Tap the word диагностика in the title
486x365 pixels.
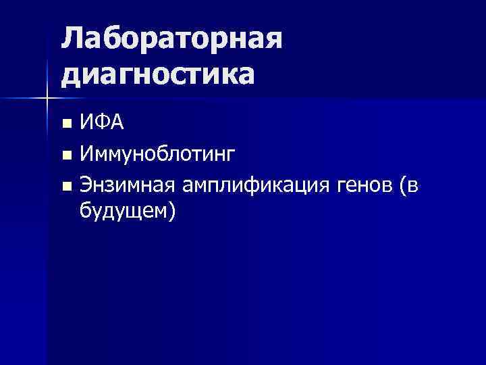click(x=159, y=74)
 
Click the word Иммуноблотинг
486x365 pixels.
click(x=158, y=155)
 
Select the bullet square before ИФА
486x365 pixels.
click(x=65, y=124)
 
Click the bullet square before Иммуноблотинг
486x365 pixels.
click(x=65, y=156)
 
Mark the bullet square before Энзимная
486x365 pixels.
click(x=65, y=187)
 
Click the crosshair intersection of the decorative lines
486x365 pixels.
click(x=47, y=99)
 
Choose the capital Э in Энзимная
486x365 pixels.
click(x=86, y=185)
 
